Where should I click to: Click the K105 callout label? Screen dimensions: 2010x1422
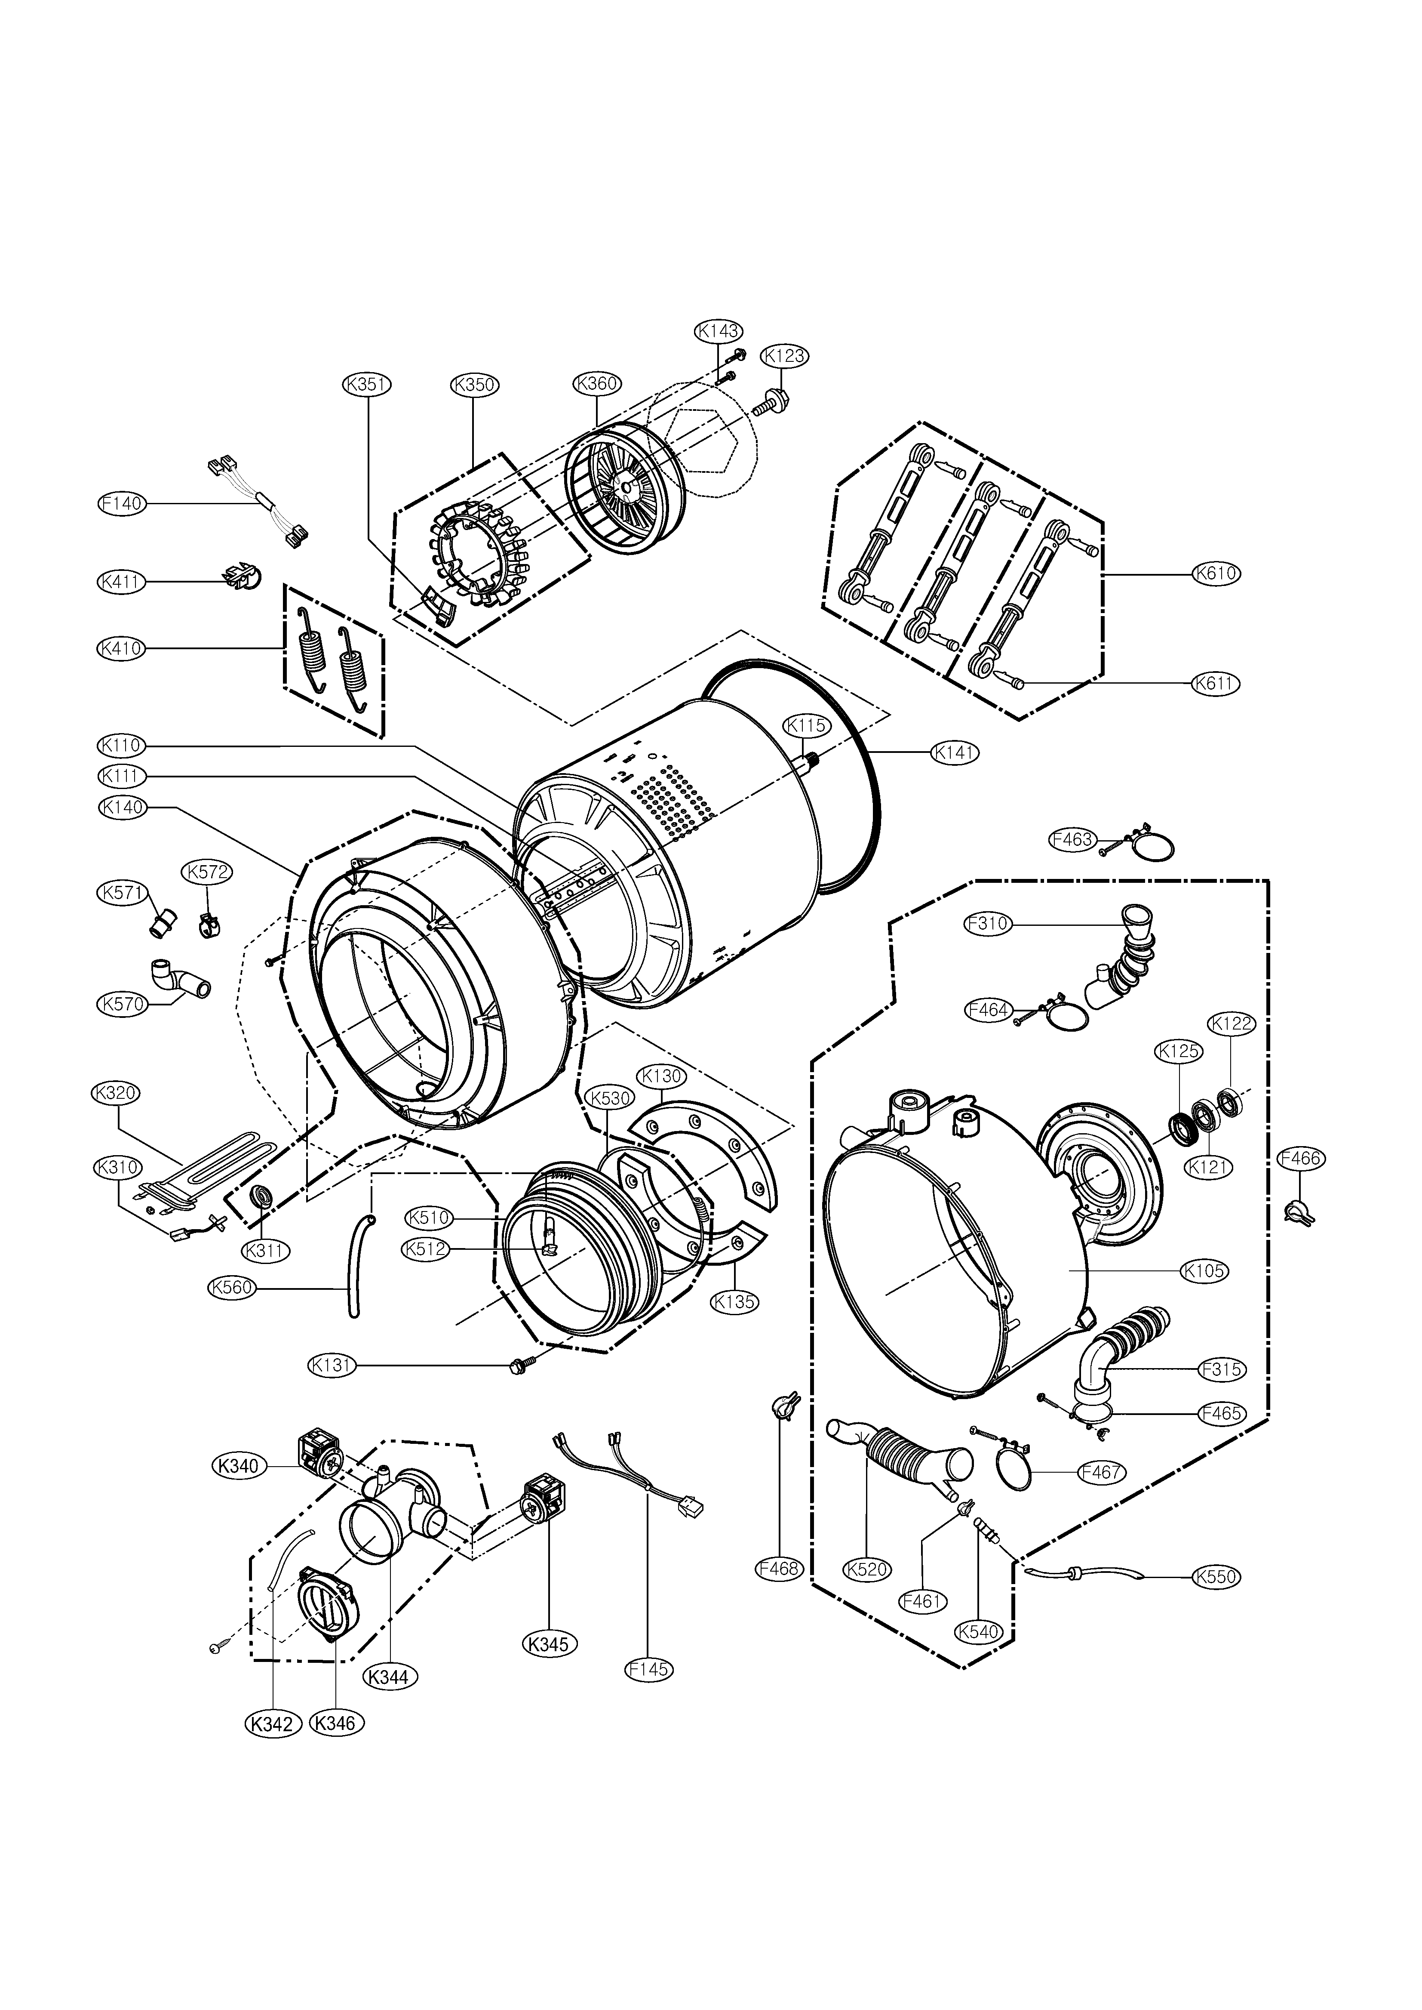1204,1270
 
